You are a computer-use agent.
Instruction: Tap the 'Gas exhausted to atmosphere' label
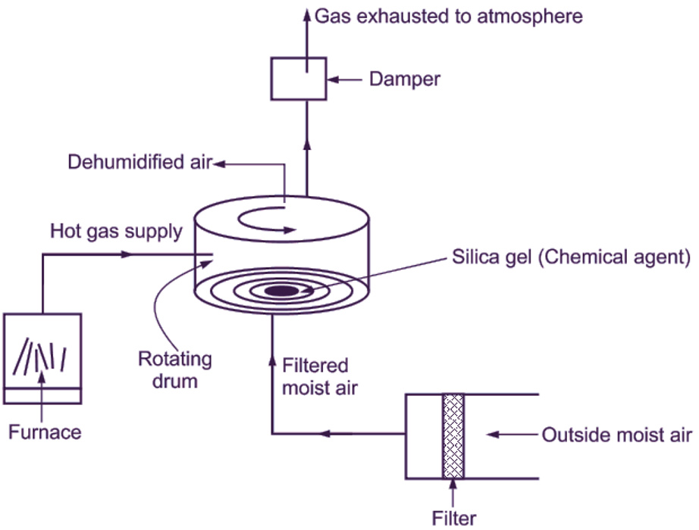pos(448,16)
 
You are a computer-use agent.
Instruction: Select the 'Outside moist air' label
pos(616,435)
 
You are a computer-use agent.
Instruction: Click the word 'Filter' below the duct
pos(454,519)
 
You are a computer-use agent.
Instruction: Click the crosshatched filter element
pos(453,435)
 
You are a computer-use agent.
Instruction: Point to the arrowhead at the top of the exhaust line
pos(307,13)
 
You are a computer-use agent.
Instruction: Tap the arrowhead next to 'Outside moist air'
pos(491,435)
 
